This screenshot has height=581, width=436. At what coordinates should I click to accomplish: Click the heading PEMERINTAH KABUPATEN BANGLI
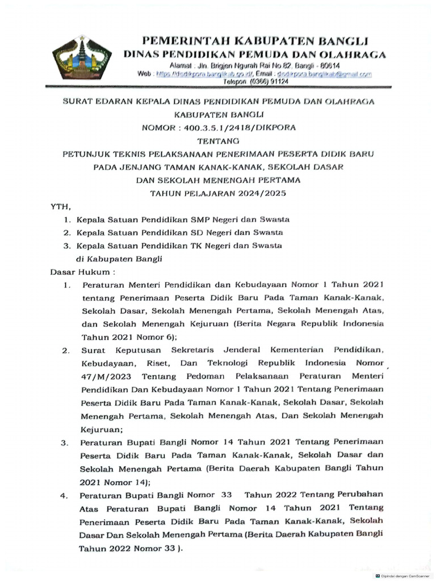[255, 41]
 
